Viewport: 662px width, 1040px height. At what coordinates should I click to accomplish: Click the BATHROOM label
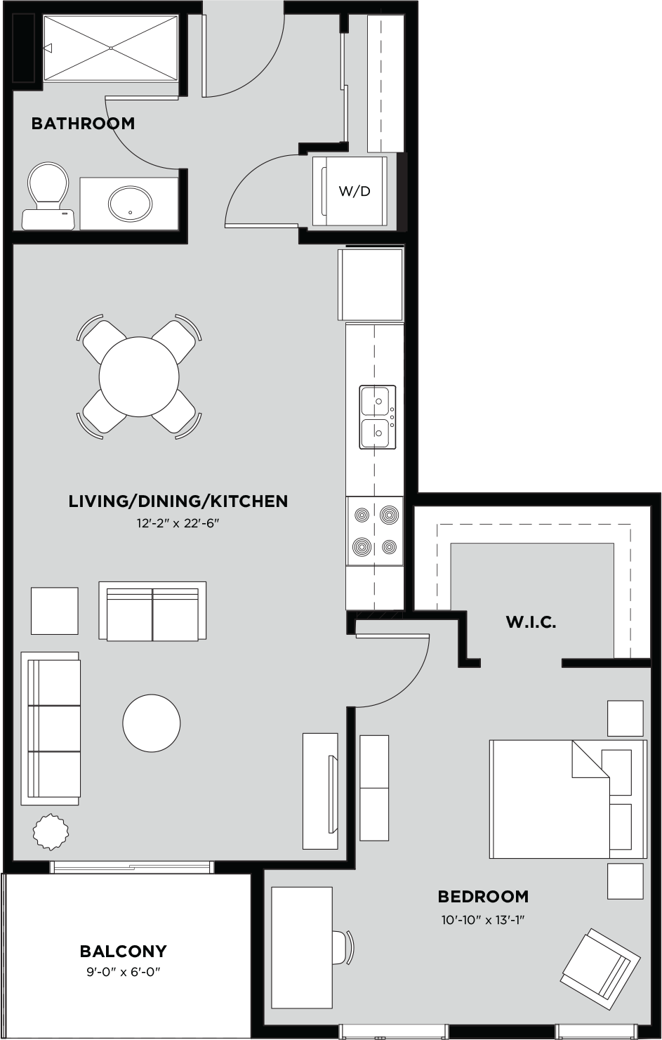pos(83,124)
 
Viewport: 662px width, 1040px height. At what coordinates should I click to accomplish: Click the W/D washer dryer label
pos(355,191)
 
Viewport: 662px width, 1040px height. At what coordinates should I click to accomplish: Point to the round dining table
pos(139,377)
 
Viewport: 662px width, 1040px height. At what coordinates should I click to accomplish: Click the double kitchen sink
pos(378,416)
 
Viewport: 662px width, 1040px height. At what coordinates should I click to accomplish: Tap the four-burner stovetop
pos(375,531)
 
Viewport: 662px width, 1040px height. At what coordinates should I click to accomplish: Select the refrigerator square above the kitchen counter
pos(371,284)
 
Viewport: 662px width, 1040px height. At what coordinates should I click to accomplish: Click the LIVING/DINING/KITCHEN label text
pos(178,501)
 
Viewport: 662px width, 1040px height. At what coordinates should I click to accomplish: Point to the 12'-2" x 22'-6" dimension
pos(178,522)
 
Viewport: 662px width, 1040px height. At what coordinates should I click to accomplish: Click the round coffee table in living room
pos(152,723)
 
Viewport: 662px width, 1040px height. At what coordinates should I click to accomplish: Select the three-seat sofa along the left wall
pos(51,728)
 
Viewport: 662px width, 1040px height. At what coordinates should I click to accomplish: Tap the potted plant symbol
pos(51,831)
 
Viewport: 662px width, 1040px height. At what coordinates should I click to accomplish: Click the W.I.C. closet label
pos(531,622)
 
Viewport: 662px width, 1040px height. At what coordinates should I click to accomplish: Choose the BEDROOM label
pos(483,897)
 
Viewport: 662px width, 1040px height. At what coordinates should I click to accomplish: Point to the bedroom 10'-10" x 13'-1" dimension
pos(483,919)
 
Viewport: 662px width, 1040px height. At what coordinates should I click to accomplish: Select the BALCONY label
pos(123,952)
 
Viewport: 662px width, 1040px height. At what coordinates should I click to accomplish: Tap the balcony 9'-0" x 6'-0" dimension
pos(123,973)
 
